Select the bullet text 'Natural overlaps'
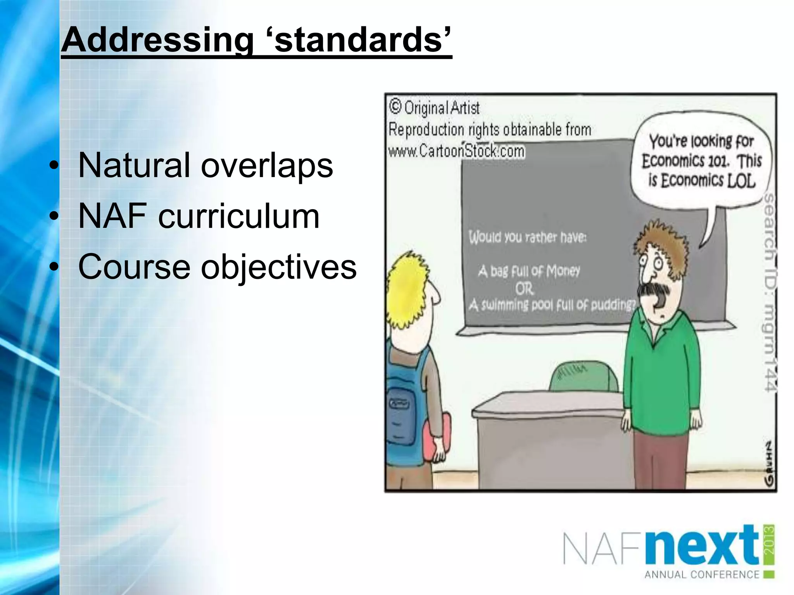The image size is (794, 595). click(205, 165)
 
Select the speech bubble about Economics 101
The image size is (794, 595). click(702, 161)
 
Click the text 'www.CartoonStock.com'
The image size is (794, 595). click(456, 151)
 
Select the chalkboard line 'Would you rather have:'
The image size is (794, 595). click(527, 237)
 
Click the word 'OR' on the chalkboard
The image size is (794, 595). click(524, 289)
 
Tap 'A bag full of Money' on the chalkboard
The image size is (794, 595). click(529, 271)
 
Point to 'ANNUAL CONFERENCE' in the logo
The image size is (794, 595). click(702, 574)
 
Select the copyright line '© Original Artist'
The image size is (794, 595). click(434, 107)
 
